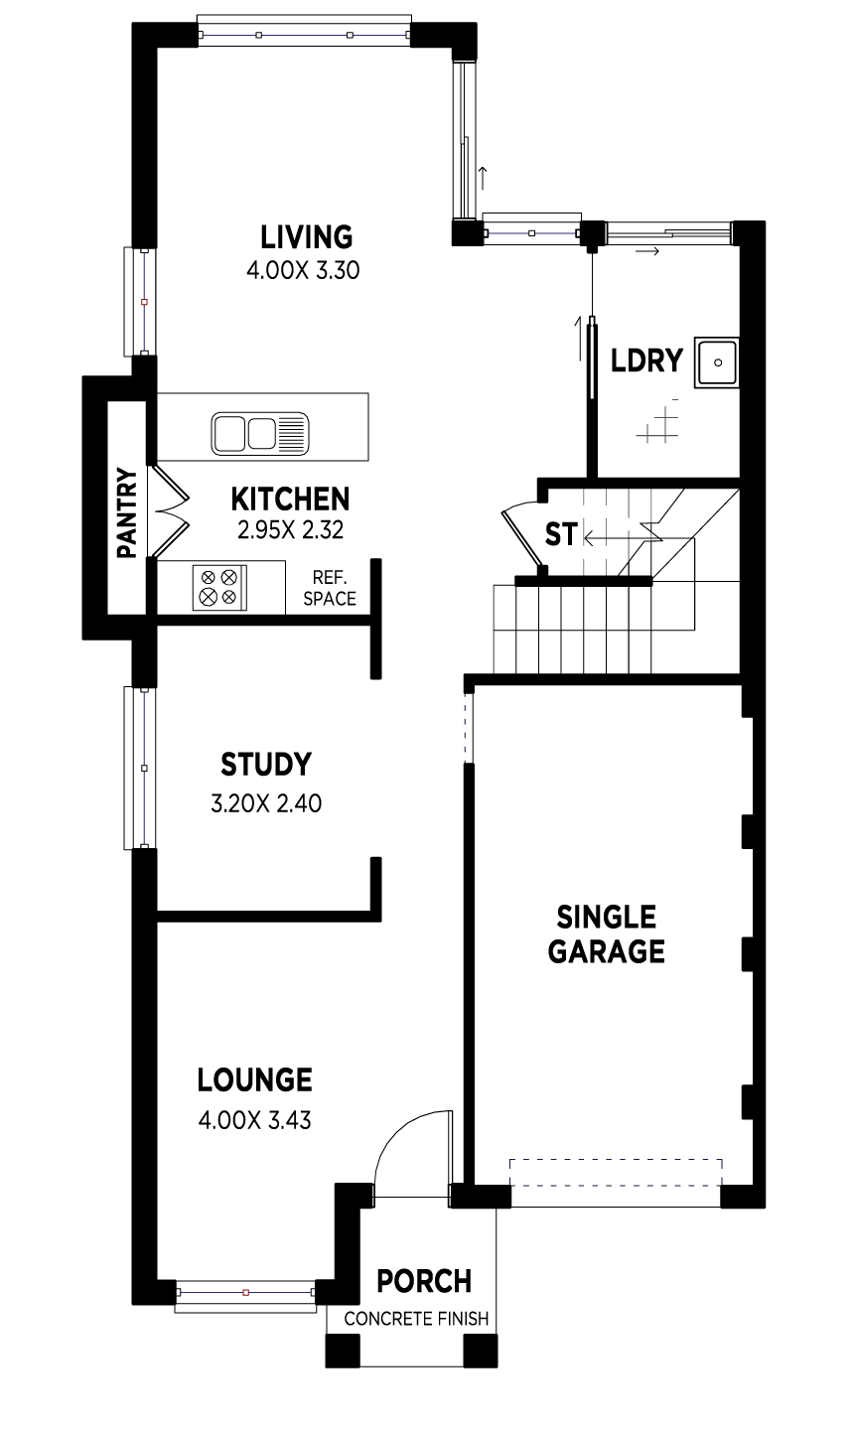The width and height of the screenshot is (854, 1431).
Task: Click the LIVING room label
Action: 306,237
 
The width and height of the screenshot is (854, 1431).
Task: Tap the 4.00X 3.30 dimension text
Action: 302,270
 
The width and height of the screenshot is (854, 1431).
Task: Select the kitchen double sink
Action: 259,434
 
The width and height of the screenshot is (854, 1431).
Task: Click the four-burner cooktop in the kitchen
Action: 218,586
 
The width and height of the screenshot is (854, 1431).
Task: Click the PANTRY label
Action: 126,513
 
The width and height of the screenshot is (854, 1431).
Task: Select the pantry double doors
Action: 169,512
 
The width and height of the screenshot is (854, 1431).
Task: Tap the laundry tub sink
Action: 716,362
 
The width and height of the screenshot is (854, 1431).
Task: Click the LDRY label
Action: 646,360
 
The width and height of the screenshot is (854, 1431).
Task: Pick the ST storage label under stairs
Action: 560,534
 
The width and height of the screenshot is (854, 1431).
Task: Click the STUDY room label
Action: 265,765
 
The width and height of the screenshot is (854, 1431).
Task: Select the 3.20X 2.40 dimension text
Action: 265,803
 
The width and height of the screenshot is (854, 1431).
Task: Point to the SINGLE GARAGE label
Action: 606,933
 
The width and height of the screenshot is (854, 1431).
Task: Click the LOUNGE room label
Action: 254,1079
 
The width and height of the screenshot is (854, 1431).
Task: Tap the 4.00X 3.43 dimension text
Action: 254,1121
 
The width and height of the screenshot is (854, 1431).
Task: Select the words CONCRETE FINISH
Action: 416,1319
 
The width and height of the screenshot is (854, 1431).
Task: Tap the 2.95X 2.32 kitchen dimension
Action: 290,530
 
